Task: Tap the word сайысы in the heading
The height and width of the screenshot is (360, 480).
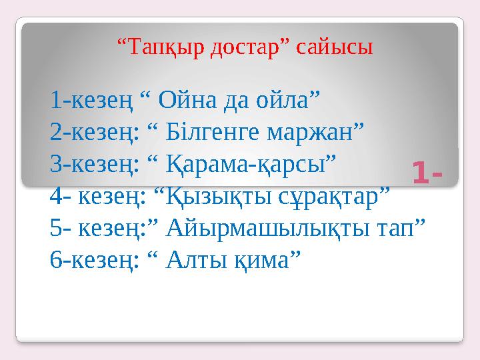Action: point(334,48)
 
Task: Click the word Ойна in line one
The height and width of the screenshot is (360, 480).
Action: point(187,100)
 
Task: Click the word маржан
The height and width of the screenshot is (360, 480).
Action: point(310,134)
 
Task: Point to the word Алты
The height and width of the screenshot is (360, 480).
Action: point(196,260)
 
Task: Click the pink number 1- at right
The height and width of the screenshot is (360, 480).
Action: point(427,172)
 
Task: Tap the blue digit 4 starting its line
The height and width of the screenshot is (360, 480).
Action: point(56,197)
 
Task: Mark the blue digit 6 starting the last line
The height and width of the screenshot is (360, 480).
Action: point(56,260)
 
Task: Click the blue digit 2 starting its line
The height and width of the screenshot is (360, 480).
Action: point(56,132)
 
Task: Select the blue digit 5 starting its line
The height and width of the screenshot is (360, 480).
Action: point(56,228)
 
